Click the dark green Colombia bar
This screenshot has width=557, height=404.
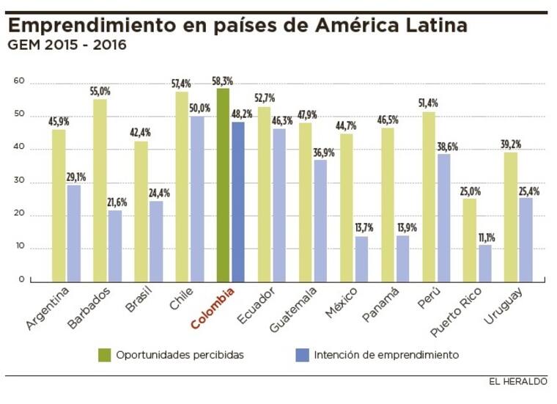pyautogui.click(x=224, y=185)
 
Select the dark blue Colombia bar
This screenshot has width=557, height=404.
pyautogui.click(x=237, y=202)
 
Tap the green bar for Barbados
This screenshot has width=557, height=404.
pyautogui.click(x=100, y=190)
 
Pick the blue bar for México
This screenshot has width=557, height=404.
pyautogui.click(x=361, y=258)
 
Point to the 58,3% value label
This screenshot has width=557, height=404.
pyautogui.click(x=222, y=81)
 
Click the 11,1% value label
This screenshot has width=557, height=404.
pyautogui.click(x=485, y=238)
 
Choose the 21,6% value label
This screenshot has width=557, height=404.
pyautogui.click(x=116, y=203)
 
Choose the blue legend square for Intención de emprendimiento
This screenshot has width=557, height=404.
pyautogui.click(x=300, y=355)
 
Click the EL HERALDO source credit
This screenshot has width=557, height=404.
pyautogui.click(x=519, y=382)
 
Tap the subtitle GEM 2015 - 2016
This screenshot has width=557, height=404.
pyautogui.click(x=67, y=45)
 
